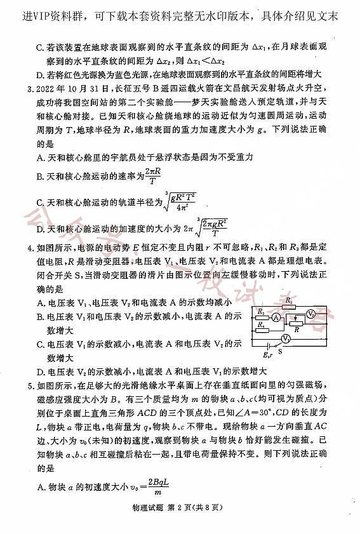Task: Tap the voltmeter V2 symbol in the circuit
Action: coord(310,314)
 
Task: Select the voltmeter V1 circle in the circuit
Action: coord(286,340)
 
